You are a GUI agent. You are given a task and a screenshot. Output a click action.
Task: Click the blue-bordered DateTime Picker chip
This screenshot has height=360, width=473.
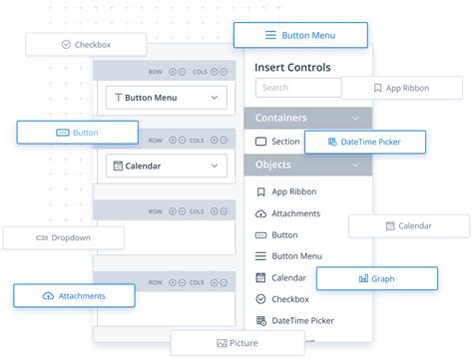tap(365, 143)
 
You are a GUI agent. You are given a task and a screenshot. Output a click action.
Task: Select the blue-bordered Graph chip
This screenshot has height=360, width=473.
tap(376, 279)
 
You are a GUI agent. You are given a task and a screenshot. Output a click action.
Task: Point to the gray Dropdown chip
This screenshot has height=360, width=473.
tap(64, 237)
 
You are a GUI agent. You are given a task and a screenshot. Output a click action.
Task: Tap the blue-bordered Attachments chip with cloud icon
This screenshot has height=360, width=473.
tap(73, 296)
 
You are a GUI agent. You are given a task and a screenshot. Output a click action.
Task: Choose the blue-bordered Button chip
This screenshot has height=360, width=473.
tap(77, 132)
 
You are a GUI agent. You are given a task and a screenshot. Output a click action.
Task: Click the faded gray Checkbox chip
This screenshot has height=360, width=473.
tap(86, 44)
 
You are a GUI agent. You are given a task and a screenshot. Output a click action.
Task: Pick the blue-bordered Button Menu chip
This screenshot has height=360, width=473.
tap(300, 35)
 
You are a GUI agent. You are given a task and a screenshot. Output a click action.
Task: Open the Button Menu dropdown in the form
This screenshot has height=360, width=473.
tap(166, 98)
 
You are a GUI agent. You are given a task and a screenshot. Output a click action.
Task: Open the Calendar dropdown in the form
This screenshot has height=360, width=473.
tap(166, 166)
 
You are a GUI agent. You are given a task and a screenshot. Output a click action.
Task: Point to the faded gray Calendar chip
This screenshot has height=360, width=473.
tap(409, 226)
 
